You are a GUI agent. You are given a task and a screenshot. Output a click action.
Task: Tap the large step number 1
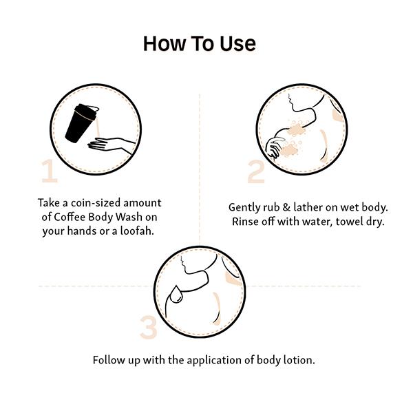point(50,171)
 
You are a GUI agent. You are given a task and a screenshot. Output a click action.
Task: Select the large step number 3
point(149,327)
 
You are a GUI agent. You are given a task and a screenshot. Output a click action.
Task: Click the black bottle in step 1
point(81,123)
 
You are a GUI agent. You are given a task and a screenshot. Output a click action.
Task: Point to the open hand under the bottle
point(112,145)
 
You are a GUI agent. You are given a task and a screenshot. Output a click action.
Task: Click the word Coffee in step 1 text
point(70,217)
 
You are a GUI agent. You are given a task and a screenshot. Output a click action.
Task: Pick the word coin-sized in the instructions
point(96,203)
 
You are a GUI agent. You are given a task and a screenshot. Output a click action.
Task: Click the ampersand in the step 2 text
point(286,207)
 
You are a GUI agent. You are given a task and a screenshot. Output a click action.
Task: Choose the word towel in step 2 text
point(349,222)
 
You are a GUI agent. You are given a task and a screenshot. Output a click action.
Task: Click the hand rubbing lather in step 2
point(275,147)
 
